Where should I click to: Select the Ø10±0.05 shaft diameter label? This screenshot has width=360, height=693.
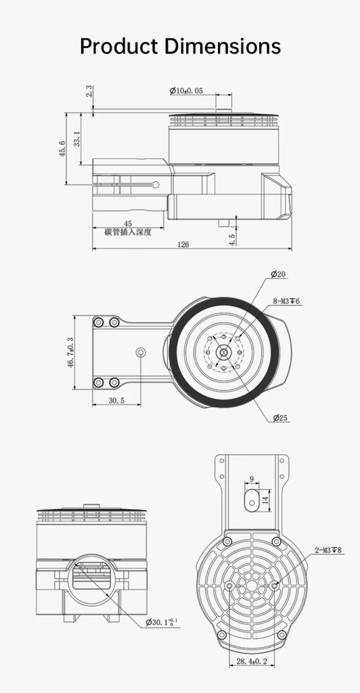(186, 91)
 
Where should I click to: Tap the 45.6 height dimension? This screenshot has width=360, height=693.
(62, 149)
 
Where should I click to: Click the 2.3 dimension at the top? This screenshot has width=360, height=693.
(90, 91)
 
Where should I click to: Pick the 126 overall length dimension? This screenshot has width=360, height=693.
(183, 244)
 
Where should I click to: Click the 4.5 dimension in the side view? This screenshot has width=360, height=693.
(232, 239)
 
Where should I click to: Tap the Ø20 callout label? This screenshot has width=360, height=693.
(278, 274)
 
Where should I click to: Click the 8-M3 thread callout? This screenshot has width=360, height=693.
(286, 301)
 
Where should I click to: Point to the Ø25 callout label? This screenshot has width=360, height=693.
(280, 418)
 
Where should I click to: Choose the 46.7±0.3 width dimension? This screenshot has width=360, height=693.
(70, 352)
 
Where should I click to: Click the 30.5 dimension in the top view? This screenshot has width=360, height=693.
(116, 401)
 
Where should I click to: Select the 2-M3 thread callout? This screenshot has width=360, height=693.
(328, 550)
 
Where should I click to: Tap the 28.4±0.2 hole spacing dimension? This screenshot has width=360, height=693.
(252, 661)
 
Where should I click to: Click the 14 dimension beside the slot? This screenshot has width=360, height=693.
(265, 501)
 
